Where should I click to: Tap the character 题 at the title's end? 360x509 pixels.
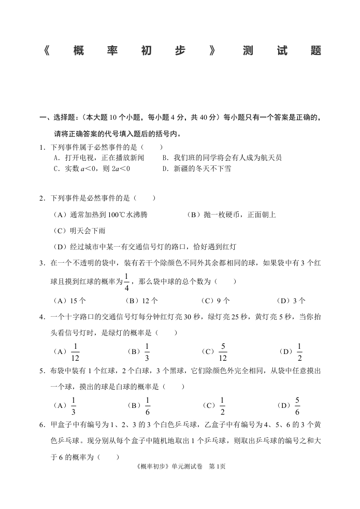pyautogui.click(x=315, y=51)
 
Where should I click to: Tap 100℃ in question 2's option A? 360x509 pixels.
pyautogui.click(x=109, y=215)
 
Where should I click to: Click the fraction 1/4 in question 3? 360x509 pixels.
pyautogui.click(x=126, y=281)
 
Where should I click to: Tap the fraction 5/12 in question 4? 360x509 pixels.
pyautogui.click(x=223, y=352)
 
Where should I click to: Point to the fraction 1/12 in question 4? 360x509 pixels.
pyautogui.click(x=75, y=352)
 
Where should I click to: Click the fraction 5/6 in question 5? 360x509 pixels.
pyautogui.click(x=297, y=405)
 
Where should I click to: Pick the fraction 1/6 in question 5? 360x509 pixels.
pyautogui.click(x=148, y=405)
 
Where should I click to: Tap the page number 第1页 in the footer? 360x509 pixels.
pyautogui.click(x=217, y=466)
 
